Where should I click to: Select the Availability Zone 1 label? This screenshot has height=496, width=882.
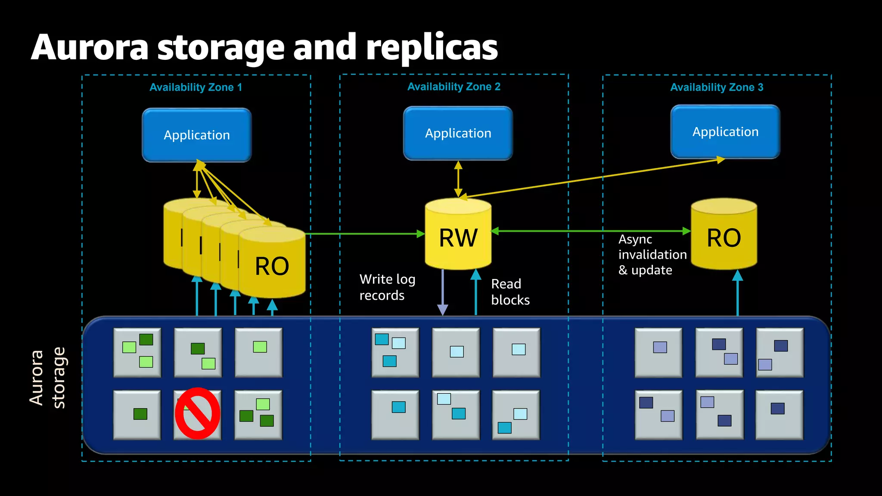point(196,87)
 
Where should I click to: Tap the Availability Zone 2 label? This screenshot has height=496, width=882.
point(453,87)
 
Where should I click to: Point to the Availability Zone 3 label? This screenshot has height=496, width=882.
point(716,87)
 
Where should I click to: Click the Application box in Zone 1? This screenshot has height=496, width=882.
point(197,135)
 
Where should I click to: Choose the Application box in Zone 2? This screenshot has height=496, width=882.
point(458,133)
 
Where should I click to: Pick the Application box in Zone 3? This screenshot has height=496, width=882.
point(725,132)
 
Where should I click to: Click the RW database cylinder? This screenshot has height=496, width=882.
point(458,237)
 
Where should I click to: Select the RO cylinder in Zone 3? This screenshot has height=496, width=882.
point(724,237)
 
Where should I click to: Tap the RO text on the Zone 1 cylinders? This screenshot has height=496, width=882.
point(272,266)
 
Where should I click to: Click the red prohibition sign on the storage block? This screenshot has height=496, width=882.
point(197,413)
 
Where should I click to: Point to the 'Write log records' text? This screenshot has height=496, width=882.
point(387,287)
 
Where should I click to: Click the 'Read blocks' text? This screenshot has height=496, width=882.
point(510,292)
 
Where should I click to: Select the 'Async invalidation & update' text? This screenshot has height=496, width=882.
point(652,254)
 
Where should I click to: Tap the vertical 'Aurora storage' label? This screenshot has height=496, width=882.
point(47,378)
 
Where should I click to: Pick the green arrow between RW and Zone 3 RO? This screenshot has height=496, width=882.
point(590,231)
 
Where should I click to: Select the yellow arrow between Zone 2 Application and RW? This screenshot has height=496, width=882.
point(458,179)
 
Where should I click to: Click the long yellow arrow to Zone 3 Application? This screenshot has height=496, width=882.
point(594,178)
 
